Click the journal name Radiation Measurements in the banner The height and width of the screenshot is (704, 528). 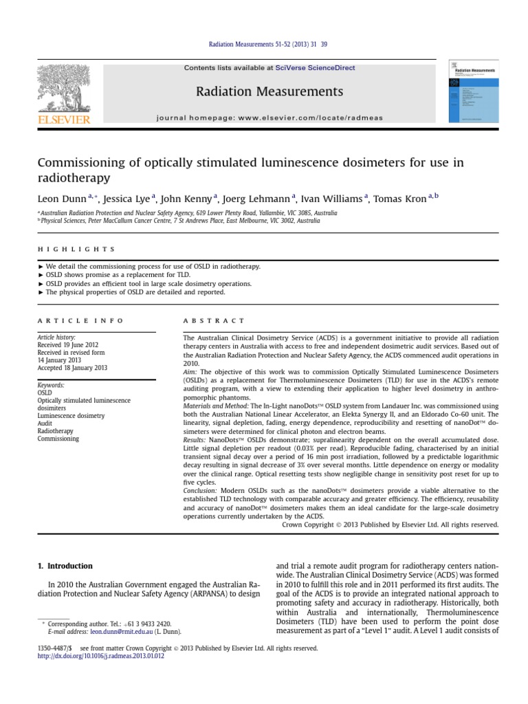coord(269,91)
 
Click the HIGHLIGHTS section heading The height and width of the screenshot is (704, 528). coord(76,249)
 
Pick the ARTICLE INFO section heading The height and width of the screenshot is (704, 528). coord(80,320)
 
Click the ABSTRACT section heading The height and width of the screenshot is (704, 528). coord(213,320)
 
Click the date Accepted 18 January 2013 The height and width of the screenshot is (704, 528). coord(73,368)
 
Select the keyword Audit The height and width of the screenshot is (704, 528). coord(45,423)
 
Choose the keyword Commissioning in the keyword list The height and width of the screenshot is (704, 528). coord(58,439)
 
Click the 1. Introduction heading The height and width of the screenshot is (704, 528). coord(65,566)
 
